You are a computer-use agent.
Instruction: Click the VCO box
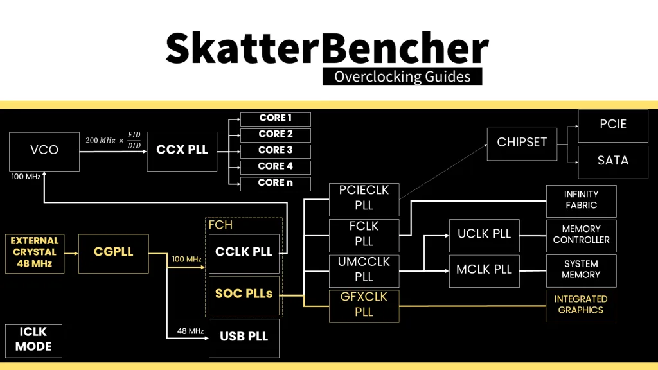(44, 150)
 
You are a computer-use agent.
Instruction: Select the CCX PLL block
(182, 150)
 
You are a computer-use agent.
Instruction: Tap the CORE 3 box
(275, 150)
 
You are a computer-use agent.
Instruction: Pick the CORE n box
(275, 183)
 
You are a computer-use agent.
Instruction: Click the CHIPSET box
(522, 143)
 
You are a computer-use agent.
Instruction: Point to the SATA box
(612, 161)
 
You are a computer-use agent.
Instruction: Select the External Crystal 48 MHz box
(35, 252)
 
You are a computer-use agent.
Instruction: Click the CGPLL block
(113, 252)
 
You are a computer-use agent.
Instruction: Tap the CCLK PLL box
(244, 252)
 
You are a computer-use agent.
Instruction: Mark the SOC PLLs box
(244, 294)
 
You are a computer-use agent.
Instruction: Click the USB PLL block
(244, 337)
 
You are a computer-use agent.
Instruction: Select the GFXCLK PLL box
(364, 306)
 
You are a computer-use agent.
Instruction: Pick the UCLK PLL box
(484, 234)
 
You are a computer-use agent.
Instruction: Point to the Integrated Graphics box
(580, 304)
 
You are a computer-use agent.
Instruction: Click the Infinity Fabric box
(580, 200)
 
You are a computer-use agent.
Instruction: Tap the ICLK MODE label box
(33, 340)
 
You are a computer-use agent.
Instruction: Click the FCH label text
(220, 225)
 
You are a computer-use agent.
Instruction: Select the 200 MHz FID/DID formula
(113, 140)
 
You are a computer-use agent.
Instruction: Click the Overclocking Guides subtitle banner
(402, 77)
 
